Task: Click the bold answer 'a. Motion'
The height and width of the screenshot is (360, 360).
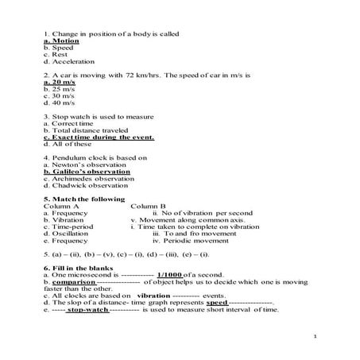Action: [x=61, y=41]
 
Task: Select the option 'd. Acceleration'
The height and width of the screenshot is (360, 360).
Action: [x=69, y=61]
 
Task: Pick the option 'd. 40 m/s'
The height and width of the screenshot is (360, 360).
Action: [x=60, y=103]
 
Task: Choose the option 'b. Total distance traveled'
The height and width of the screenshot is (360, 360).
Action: [x=87, y=130]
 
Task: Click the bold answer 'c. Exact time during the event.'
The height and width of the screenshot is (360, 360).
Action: [x=99, y=137]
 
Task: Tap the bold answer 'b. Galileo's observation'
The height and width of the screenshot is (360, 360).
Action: [x=87, y=172]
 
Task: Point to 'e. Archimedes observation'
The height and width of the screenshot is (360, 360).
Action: [x=90, y=179]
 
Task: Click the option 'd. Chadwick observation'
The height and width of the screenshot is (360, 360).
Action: [x=87, y=186]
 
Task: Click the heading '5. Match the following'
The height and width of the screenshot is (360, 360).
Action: [x=84, y=199]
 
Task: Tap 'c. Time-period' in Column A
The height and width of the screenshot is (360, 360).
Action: [x=72, y=226]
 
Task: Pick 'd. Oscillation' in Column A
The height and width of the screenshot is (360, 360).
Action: [x=71, y=234]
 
